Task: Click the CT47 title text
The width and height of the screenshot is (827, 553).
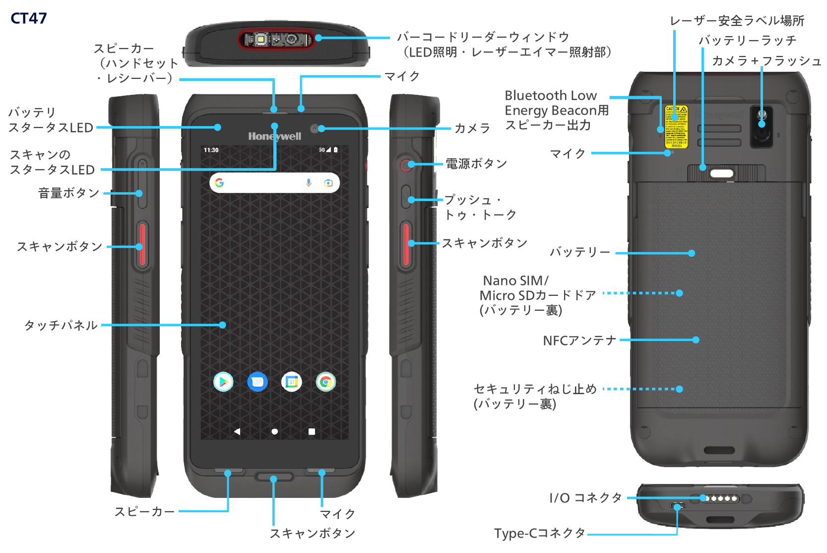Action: [x=29, y=18]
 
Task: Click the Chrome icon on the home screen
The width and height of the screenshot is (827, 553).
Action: [x=325, y=382]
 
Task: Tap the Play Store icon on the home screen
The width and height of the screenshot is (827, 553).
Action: [x=223, y=382]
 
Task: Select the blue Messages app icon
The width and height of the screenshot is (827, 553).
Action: [x=257, y=382]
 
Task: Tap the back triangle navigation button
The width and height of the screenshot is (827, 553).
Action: [x=237, y=431]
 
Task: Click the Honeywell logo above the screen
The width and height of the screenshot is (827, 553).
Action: [x=274, y=136]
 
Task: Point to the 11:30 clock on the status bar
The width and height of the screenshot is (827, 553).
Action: [x=211, y=150]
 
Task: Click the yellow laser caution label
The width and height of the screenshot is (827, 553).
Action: [x=676, y=127]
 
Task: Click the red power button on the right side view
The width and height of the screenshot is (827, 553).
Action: [x=406, y=165]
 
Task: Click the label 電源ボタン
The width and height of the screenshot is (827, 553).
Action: [x=476, y=164]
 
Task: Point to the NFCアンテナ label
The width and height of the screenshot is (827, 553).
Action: [x=579, y=341]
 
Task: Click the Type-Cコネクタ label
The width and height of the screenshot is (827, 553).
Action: [x=540, y=533]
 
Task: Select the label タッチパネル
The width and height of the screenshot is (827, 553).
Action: [x=61, y=325]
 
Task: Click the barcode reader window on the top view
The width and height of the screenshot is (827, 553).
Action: [x=276, y=39]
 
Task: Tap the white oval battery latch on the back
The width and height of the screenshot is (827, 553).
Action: [x=721, y=173]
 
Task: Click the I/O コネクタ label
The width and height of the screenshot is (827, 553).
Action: [x=585, y=497]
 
